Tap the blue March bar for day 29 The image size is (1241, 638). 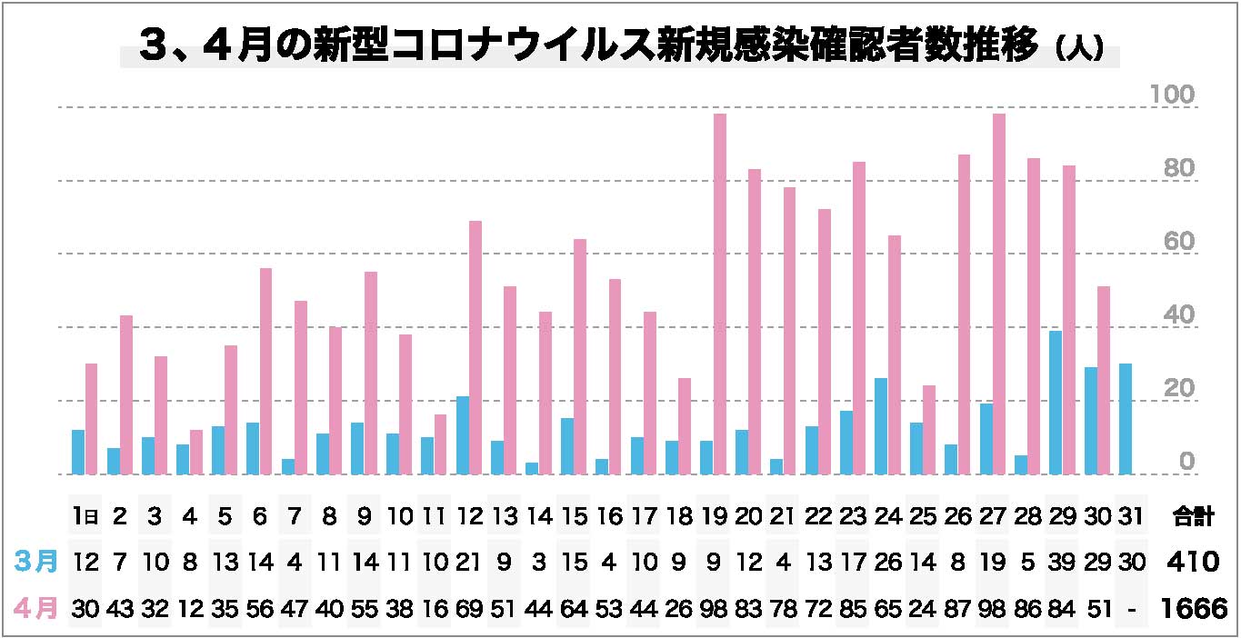pyautogui.click(x=1056, y=402)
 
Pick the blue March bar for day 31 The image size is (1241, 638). pyautogui.click(x=1126, y=419)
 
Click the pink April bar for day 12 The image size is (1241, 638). pyautogui.click(x=475, y=347)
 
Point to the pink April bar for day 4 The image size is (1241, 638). pyautogui.click(x=196, y=452)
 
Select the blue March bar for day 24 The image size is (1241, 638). pyautogui.click(x=881, y=426)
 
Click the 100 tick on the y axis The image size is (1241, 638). pyautogui.click(x=1172, y=95)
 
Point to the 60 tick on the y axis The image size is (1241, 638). pyautogui.click(x=1172, y=242)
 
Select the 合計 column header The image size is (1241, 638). pyautogui.click(x=1192, y=517)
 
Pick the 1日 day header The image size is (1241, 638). pyautogui.click(x=85, y=517)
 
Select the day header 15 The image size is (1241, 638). pyautogui.click(x=574, y=517)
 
